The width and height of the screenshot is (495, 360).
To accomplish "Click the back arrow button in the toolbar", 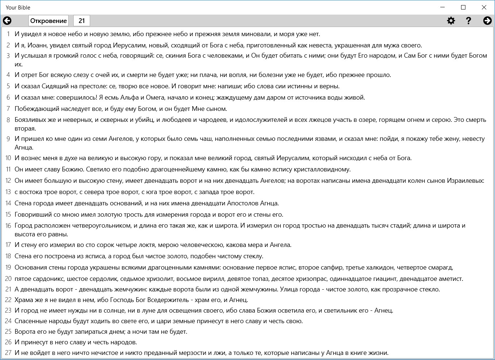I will click(x=7, y=21).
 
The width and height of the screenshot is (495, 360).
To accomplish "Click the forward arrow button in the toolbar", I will click(x=487, y=21).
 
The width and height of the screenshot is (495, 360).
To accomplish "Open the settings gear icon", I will click(x=451, y=21).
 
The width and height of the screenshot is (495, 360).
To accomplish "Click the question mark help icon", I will click(x=469, y=21).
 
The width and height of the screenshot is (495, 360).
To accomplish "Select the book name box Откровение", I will click(x=49, y=21).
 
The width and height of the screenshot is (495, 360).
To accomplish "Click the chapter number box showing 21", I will click(x=82, y=21).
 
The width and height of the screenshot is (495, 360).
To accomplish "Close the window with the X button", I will click(x=484, y=7).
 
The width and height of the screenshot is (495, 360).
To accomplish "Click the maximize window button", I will click(x=463, y=7).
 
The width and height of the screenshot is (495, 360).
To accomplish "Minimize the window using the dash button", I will click(x=442, y=7).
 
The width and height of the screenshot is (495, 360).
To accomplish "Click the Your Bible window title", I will click(x=18, y=8).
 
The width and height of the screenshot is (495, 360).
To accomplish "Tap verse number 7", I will click(x=8, y=109).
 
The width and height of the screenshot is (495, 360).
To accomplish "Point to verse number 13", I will click(x=8, y=192).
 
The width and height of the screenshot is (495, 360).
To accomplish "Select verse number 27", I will click(x=8, y=353).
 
